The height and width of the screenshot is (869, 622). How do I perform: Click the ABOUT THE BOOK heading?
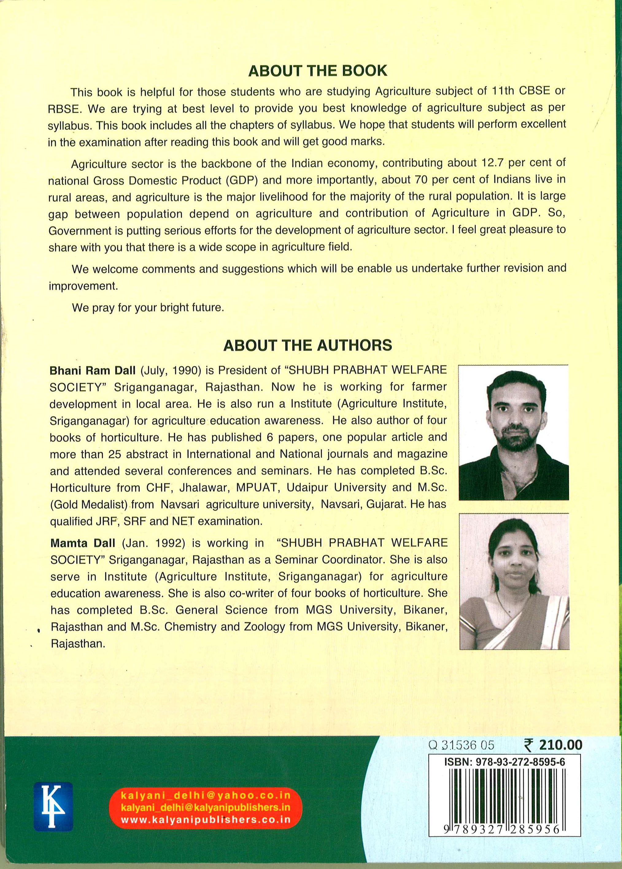318,71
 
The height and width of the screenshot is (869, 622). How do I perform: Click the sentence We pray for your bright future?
148,308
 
